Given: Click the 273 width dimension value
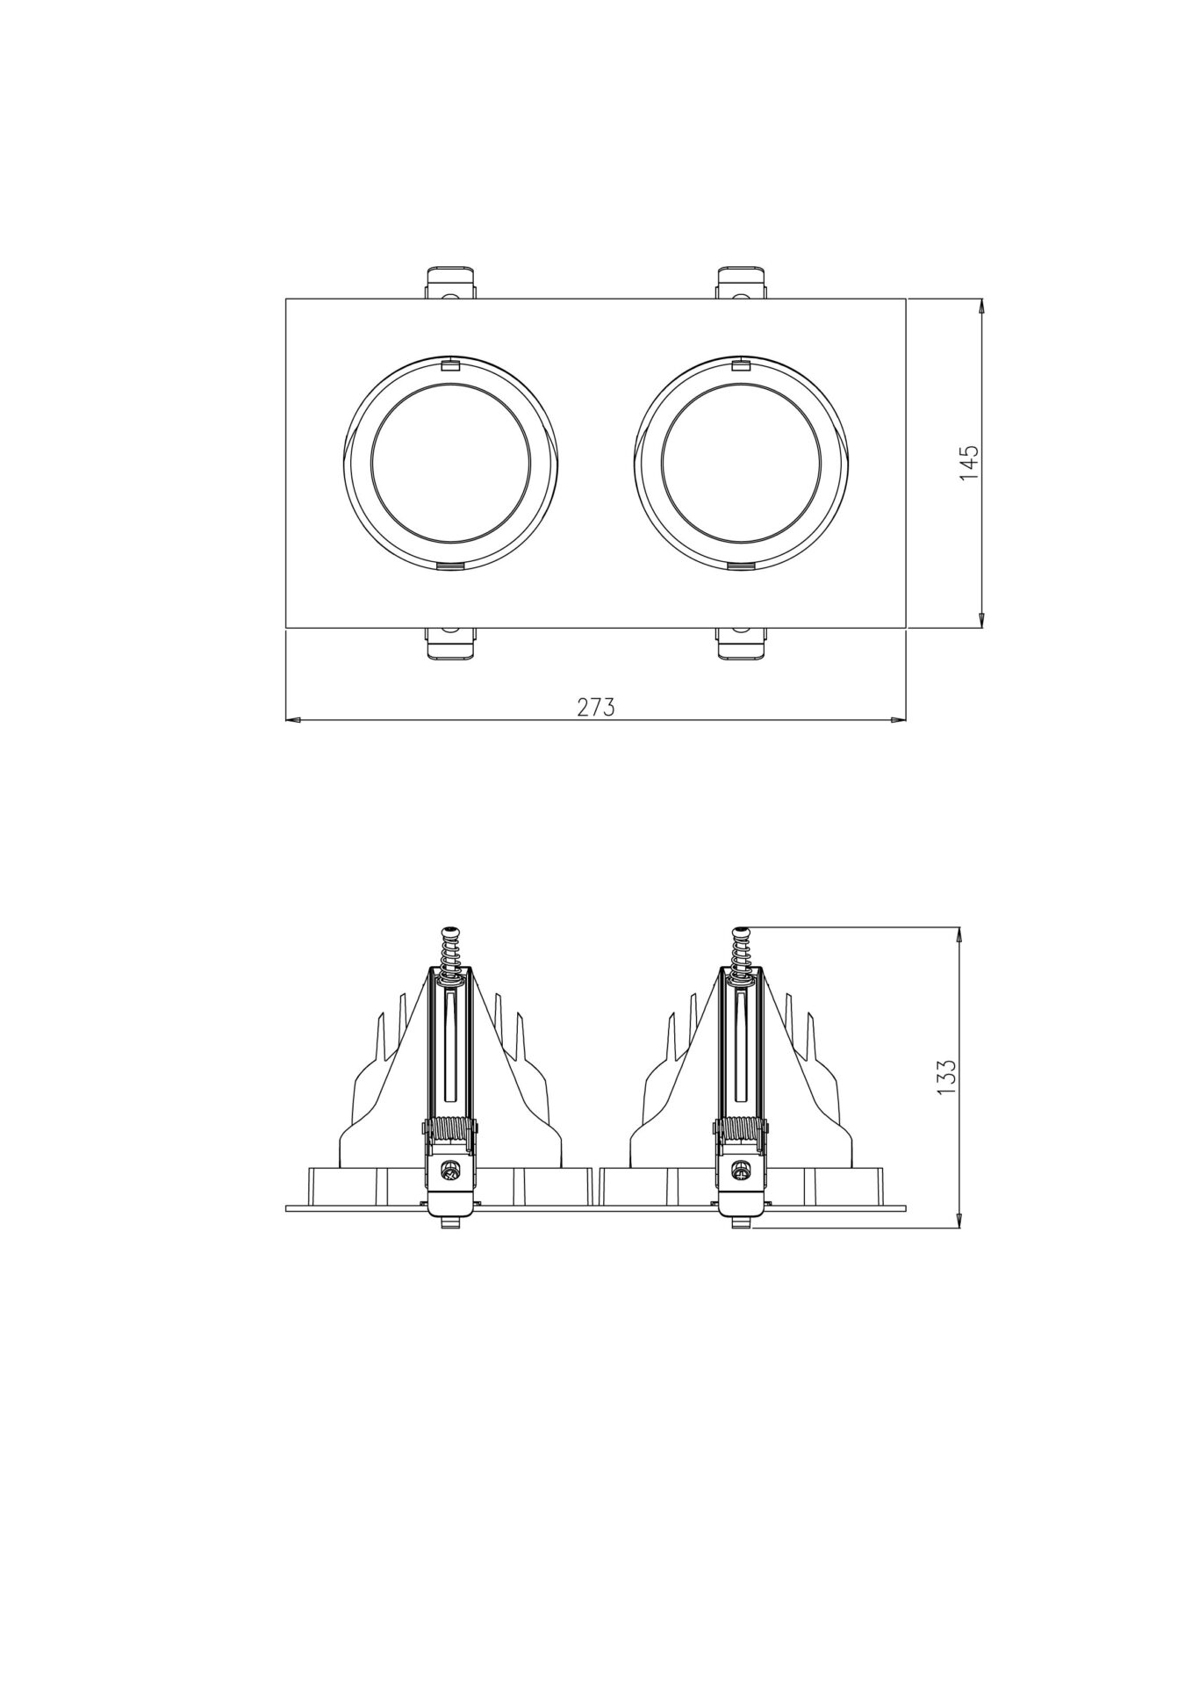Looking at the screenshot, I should point(596,708).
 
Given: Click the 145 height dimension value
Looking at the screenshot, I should point(968,463).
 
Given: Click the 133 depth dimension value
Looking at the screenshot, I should point(945,1077).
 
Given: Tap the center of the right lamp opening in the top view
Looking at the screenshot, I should point(742,463).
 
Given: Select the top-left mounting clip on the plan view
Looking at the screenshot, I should point(451,283).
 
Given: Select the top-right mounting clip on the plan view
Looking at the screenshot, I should point(743,283).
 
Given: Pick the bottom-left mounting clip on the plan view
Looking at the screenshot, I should point(451,643).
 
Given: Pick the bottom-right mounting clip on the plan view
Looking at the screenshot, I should point(743,643).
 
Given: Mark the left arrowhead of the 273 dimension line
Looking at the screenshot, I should point(293,720).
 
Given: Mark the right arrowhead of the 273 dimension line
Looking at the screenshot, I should point(899,720).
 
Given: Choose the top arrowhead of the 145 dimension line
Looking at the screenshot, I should point(981,306).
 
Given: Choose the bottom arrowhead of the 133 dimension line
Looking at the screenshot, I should point(959,1221).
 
